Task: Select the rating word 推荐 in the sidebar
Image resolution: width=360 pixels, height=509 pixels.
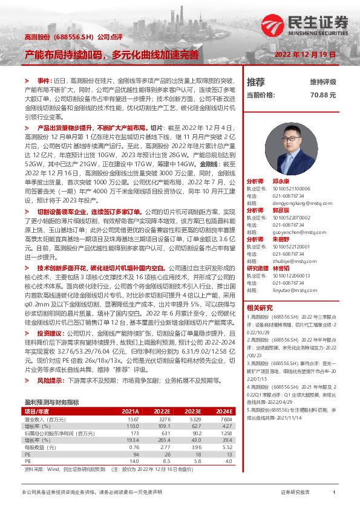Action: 256,82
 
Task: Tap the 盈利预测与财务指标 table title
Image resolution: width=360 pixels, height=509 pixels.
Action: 51,401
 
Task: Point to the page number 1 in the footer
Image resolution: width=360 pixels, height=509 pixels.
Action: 333,492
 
